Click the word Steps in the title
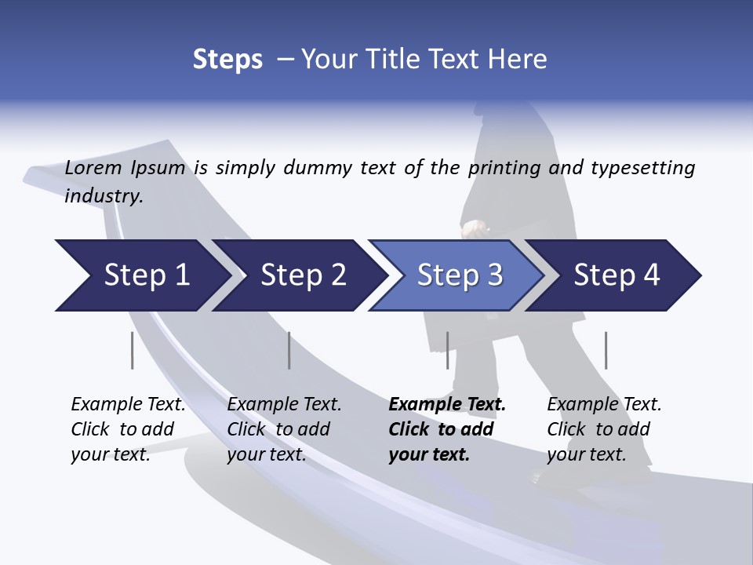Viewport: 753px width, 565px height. pos(227,60)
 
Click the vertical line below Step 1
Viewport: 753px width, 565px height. pos(133,350)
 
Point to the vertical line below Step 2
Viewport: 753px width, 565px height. pos(289,350)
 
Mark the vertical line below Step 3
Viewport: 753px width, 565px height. pos(448,350)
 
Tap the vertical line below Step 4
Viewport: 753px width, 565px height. pos(606,350)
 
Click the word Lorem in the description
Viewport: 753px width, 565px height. pos(93,168)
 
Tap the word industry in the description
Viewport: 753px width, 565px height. pos(104,196)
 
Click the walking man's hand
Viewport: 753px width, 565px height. pos(473,228)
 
